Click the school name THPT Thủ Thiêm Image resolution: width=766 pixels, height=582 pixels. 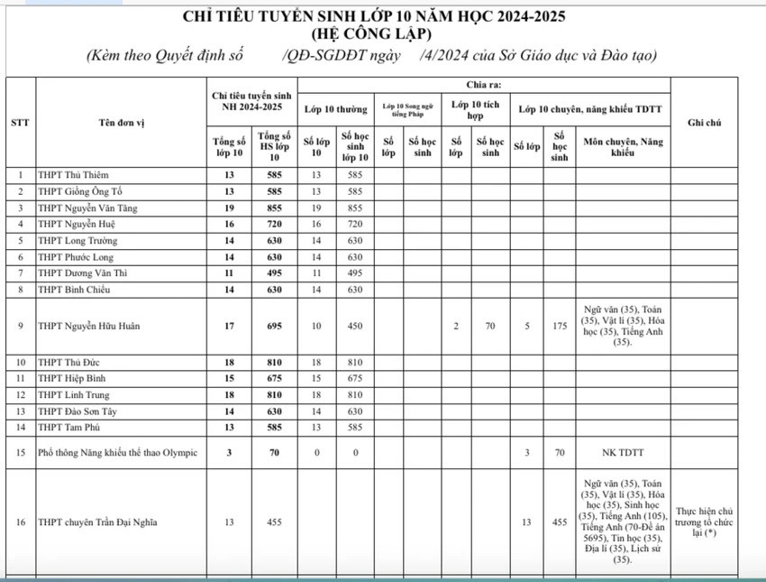click(x=78, y=174)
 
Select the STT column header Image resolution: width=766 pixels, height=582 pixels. click(x=20, y=122)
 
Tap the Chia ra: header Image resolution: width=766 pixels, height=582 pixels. click(x=484, y=85)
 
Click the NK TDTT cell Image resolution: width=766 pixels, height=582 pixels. click(x=622, y=451)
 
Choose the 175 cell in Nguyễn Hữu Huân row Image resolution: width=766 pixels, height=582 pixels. click(x=560, y=326)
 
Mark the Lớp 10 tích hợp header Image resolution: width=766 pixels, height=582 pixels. click(x=477, y=110)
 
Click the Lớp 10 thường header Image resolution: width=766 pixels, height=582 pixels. click(x=335, y=110)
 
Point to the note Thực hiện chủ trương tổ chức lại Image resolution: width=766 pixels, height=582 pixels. click(x=712, y=522)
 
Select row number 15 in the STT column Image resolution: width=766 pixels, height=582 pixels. click(x=20, y=451)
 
